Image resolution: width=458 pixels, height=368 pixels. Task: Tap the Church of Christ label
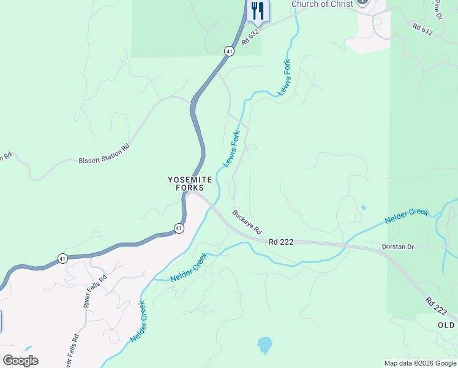(322, 4)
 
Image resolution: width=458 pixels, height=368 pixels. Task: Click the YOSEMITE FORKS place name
(190, 183)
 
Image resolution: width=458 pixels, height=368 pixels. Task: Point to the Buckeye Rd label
(247, 222)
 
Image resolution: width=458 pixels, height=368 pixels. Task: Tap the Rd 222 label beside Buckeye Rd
(281, 242)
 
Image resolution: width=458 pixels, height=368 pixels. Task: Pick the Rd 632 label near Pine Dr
(422, 29)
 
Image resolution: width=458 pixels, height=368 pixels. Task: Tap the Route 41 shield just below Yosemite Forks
(178, 228)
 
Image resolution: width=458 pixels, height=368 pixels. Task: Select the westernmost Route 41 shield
(62, 258)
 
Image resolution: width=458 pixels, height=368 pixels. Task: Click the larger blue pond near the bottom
(265, 345)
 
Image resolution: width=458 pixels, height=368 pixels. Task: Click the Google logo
(20, 361)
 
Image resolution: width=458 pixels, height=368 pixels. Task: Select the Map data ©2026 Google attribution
(420, 363)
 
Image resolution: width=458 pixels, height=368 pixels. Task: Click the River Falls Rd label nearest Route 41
(95, 291)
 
